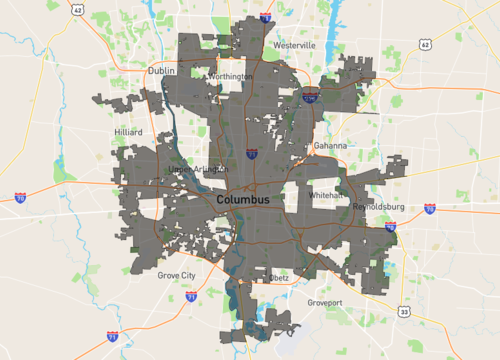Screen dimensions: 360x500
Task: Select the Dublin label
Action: pyautogui.click(x=160, y=71)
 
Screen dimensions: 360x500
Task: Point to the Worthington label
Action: pyautogui.click(x=229, y=76)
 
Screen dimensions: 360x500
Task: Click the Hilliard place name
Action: pyautogui.click(x=129, y=132)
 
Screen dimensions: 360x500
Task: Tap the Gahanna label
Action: pyautogui.click(x=330, y=145)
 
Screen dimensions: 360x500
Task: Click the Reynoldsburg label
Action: pyautogui.click(x=376, y=206)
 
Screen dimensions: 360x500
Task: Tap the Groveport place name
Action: pyautogui.click(x=325, y=300)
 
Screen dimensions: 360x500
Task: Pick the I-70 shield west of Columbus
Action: pyautogui.click(x=20, y=198)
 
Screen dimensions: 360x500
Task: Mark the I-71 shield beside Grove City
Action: pyautogui.click(x=191, y=296)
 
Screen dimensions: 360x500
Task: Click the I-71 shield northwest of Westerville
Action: pyautogui.click(x=265, y=17)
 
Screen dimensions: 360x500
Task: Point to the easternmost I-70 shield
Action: pyautogui.click(x=430, y=209)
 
